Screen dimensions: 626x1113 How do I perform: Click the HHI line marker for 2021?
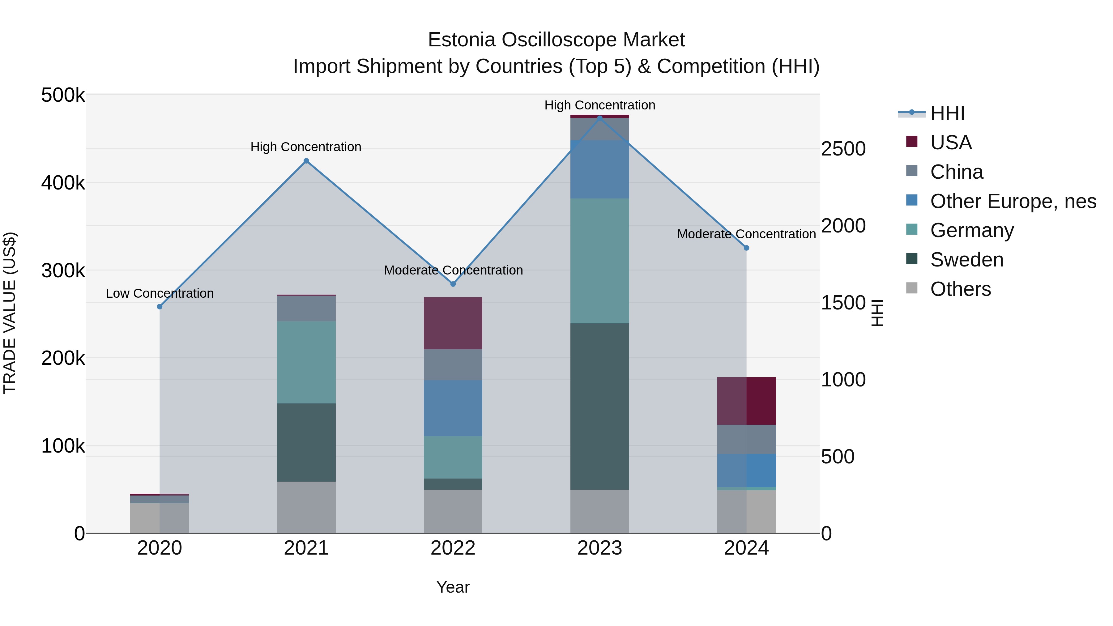pyautogui.click(x=306, y=161)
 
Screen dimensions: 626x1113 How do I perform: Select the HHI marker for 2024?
pyautogui.click(x=746, y=248)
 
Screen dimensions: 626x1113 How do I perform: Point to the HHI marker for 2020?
pyautogui.click(x=160, y=307)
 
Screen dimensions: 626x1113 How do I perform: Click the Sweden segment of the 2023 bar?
pyautogui.click(x=600, y=406)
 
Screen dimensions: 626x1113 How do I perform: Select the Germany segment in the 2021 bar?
pyautogui.click(x=306, y=362)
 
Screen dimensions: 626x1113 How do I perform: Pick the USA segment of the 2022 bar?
pyautogui.click(x=453, y=323)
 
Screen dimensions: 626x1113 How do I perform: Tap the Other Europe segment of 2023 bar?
pyautogui.click(x=600, y=169)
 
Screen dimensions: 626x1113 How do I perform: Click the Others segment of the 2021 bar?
pyautogui.click(x=306, y=507)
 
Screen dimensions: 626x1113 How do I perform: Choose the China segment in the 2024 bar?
pyautogui.click(x=746, y=439)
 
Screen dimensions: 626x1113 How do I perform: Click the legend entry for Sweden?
pyautogui.click(x=966, y=260)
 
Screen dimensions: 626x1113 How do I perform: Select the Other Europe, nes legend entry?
pyautogui.click(x=1013, y=201)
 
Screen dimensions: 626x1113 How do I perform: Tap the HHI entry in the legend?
pyautogui.click(x=947, y=113)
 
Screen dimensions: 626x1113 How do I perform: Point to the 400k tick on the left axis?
pyautogui.click(x=63, y=183)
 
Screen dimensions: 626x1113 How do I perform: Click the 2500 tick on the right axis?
pyautogui.click(x=843, y=149)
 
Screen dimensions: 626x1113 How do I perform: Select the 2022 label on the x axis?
pyautogui.click(x=453, y=548)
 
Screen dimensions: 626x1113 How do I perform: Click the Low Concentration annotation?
pyautogui.click(x=160, y=293)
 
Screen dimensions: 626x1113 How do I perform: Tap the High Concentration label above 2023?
pyautogui.click(x=600, y=105)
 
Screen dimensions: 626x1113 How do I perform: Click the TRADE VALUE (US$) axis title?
pyautogui.click(x=10, y=313)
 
